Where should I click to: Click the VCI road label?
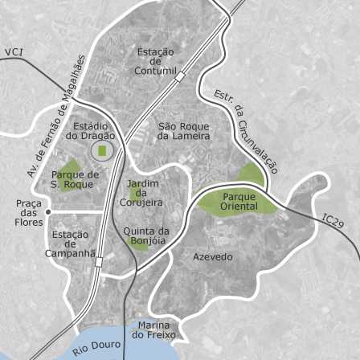[14, 52]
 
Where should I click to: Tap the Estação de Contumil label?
[156, 61]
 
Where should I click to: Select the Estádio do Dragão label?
[91, 131]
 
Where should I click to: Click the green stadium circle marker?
[102, 150]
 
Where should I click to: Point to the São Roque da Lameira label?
[183, 131]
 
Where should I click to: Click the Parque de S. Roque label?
[75, 179]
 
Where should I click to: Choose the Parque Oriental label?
[239, 202]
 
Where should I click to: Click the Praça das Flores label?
[29, 213]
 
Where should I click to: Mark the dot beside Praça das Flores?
[48, 212]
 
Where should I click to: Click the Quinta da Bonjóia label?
[145, 235]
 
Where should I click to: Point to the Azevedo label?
[213, 257]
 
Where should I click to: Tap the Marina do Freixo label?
[153, 329]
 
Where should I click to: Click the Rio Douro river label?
[96, 348]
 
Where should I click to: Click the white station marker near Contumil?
[181, 77]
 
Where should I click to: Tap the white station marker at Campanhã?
[98, 262]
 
